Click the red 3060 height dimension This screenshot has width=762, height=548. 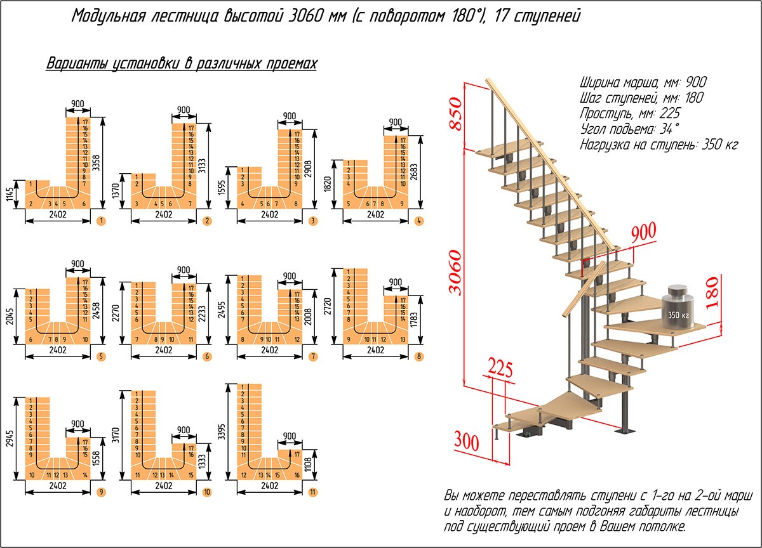click(456, 273)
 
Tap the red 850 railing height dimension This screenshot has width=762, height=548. click(456, 114)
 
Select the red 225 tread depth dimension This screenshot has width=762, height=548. click(501, 367)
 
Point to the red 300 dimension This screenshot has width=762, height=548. click(467, 439)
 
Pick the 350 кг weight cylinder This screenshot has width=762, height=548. click(677, 305)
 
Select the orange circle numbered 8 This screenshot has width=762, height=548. click(420, 356)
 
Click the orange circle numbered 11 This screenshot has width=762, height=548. click(314, 492)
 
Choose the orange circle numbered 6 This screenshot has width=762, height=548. click(207, 356)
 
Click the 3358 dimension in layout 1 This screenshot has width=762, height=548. click(97, 162)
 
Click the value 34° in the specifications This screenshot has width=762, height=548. click(668, 129)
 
